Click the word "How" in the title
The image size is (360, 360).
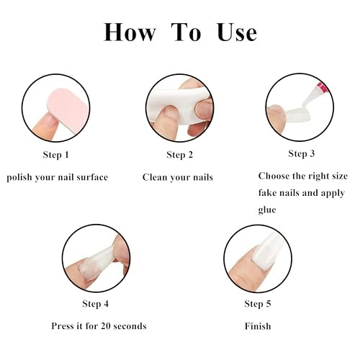(x=130, y=32)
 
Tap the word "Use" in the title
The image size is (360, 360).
(x=237, y=32)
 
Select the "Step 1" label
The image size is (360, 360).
(x=56, y=155)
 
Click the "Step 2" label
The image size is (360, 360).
(x=180, y=155)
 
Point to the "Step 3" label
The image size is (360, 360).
(x=302, y=153)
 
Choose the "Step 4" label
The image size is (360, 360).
(x=95, y=304)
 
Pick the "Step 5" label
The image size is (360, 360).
(x=258, y=304)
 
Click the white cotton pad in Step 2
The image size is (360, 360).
(x=179, y=106)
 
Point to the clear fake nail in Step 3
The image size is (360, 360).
(x=296, y=114)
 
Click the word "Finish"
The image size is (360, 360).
(x=258, y=326)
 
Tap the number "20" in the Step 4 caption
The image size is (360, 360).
(x=106, y=326)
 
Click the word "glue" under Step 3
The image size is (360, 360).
(x=267, y=210)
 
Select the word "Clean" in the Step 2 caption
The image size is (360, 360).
(x=155, y=177)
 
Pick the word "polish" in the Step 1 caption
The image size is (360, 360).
(x=19, y=178)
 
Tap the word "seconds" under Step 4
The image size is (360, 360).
(x=130, y=326)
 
